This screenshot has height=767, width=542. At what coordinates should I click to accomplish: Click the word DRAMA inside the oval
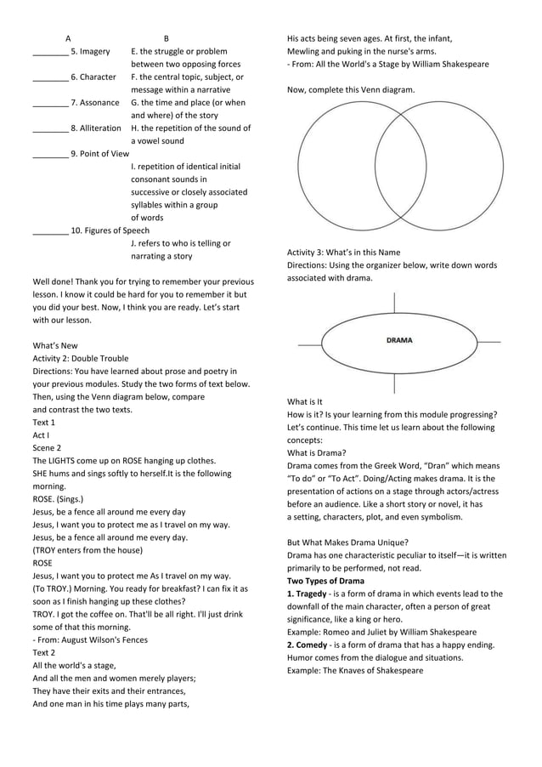click(398, 340)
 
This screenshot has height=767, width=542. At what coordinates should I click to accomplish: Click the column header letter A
click(68, 38)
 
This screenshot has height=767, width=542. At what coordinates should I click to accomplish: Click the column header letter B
click(167, 38)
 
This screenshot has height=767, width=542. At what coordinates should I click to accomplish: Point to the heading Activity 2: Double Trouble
click(81, 359)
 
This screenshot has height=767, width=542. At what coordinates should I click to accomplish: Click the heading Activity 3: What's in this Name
click(343, 253)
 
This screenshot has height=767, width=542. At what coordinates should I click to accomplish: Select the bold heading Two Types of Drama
click(325, 581)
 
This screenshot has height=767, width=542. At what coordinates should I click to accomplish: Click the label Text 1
click(44, 423)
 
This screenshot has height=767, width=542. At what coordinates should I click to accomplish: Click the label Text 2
click(44, 652)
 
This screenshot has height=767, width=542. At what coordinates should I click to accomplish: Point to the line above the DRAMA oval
click(395, 303)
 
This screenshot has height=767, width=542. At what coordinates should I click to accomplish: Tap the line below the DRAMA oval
click(395, 383)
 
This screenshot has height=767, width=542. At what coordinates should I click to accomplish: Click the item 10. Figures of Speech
click(110, 230)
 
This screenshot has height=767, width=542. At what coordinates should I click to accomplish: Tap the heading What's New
click(55, 346)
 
